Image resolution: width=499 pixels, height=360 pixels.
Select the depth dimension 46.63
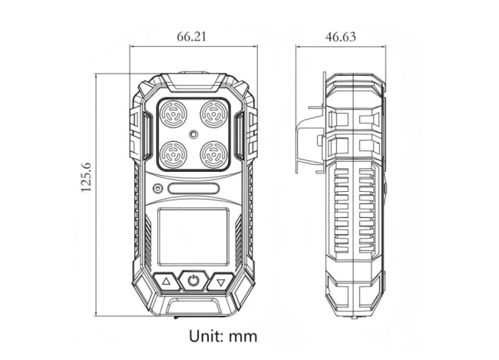(340, 36)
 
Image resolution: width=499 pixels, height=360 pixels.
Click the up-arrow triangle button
(167, 282)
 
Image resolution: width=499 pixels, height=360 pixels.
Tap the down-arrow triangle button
(221, 282)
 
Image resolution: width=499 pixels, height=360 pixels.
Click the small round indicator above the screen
(157, 189)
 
